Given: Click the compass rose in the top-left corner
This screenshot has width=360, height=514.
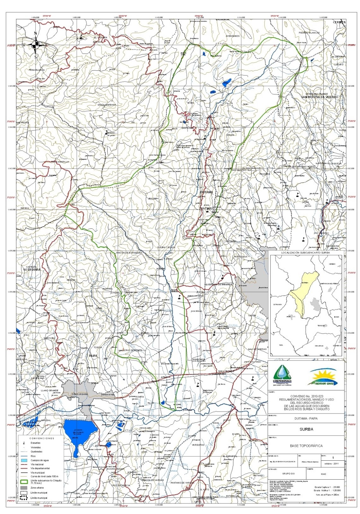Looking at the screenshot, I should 36,45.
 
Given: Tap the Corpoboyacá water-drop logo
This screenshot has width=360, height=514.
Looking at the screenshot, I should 281,375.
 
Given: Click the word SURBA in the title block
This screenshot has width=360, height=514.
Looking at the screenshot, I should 306,429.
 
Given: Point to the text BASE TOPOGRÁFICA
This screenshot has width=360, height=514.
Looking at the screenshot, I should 306,446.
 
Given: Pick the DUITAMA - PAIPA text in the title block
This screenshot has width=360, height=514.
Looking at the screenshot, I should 306,418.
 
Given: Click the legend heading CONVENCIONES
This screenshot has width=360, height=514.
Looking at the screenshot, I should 42,438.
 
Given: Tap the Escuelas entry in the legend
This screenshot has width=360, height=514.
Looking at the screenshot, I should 35,443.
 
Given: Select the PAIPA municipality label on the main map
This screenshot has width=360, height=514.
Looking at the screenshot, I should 93,356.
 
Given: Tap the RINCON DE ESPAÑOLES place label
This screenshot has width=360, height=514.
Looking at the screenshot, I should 129,253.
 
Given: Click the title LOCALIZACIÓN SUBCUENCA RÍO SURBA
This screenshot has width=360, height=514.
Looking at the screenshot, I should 305,253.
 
